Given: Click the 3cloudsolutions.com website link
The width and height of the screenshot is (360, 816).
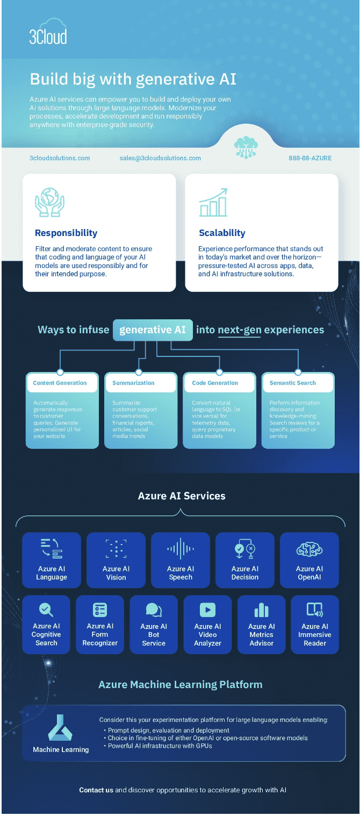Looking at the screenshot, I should coord(60,158).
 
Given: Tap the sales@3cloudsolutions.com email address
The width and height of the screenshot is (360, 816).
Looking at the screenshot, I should coord(160,158).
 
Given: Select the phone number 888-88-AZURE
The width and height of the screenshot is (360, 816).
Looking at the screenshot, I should coord(310,158).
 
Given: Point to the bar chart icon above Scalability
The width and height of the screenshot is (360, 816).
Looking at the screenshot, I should coord(213,203).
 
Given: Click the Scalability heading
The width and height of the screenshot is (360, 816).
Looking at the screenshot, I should coord(222,233).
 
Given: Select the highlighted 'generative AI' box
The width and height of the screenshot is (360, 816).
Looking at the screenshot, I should coord(153,330).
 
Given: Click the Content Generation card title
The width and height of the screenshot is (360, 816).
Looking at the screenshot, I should coord(60,383).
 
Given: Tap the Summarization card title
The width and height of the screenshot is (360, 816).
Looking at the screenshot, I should coord(133,383).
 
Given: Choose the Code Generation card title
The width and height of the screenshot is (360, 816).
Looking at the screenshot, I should coord(215,383).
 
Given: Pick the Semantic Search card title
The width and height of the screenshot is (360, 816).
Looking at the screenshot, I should coord(293,383).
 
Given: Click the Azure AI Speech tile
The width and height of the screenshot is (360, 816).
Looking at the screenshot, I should coord(181,560).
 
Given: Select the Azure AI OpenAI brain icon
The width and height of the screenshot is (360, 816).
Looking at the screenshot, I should coord(309,549).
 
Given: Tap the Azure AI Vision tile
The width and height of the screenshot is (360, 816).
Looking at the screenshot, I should coord(116,560).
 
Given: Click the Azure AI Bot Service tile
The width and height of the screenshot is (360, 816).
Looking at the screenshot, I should coord(154,625).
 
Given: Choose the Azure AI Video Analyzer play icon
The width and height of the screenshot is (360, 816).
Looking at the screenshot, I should coord(207,610).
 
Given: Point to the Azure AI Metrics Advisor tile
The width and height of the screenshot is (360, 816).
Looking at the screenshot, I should coord(262,625).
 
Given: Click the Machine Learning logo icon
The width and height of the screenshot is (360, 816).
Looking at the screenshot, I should coord(60,728).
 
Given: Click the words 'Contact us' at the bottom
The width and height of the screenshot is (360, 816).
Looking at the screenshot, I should coord(96,790).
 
